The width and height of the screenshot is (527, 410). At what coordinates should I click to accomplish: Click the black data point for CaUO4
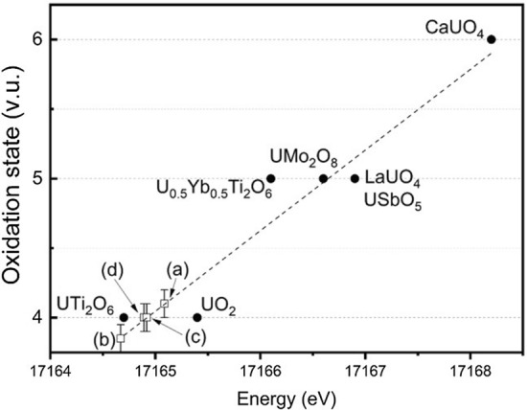tap(491, 39)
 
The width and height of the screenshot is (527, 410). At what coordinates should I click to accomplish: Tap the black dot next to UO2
tap(197, 317)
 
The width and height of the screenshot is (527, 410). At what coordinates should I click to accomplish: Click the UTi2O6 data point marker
tap(124, 317)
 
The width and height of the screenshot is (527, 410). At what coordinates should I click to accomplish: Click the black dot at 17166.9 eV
tap(355, 178)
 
